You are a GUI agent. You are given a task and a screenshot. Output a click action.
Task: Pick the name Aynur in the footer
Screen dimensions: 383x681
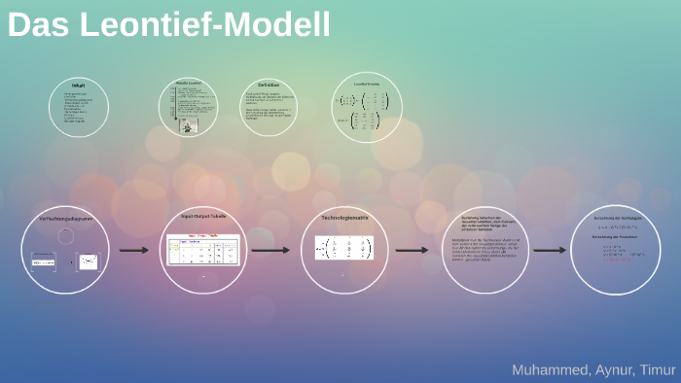click(x=613, y=369)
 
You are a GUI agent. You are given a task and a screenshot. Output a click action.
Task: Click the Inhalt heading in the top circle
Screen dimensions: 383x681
click(x=79, y=86)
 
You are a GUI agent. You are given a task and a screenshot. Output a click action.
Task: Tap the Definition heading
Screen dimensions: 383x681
click(x=269, y=84)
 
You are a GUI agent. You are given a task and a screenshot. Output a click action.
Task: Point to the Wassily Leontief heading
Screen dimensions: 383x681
click(x=190, y=84)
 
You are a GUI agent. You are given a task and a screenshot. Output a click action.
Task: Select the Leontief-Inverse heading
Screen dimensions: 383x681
click(x=367, y=85)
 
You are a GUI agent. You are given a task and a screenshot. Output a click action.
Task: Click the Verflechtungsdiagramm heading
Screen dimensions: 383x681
click(x=65, y=219)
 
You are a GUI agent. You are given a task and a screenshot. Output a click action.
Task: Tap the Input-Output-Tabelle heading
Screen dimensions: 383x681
click(x=202, y=216)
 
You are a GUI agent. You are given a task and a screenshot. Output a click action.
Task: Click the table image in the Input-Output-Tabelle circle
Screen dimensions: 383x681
click(x=203, y=250)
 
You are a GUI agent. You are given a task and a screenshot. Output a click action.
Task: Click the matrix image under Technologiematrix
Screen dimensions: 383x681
click(x=343, y=249)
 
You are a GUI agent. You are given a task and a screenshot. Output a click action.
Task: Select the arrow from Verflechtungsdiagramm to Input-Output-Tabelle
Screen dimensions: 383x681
click(x=133, y=250)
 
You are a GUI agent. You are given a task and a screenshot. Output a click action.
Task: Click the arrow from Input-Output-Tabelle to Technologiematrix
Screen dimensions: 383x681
click(x=270, y=250)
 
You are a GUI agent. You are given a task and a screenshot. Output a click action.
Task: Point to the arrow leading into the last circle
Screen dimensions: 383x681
click(x=550, y=250)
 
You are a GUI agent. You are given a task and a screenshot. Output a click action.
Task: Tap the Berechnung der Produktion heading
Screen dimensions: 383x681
click(x=614, y=236)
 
